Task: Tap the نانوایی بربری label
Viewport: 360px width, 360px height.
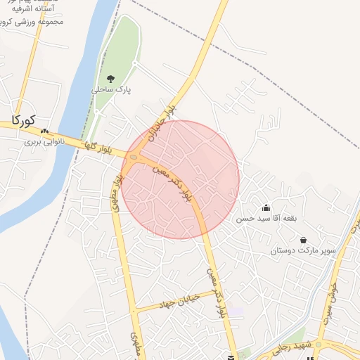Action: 45,141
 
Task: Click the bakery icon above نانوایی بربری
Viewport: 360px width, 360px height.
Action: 45,131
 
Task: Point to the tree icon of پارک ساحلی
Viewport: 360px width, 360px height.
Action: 110,78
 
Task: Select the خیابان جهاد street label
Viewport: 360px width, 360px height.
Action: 188,297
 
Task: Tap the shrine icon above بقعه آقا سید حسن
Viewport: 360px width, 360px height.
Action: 266,207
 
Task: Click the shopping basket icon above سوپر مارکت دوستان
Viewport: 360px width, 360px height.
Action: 303,239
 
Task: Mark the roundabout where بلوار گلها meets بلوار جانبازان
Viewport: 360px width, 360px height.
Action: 136,155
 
